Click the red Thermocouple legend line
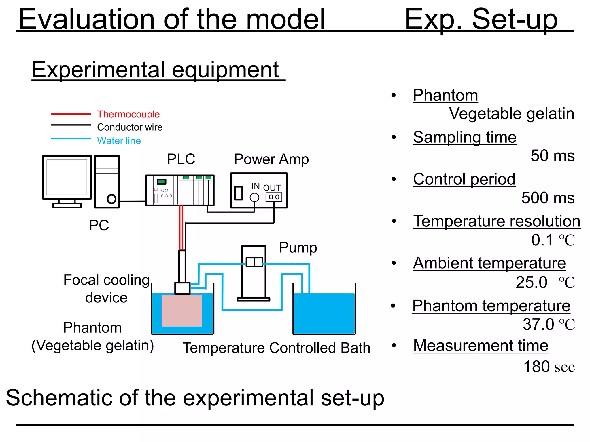71,114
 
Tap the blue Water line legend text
119,141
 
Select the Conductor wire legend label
130,127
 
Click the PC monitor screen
67,177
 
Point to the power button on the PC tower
111,199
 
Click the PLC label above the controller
181,159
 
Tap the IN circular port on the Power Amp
254,197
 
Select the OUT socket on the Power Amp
274,197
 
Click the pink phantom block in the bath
182,310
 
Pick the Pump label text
298,247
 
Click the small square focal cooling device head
182,288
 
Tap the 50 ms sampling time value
552,156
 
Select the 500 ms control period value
548,198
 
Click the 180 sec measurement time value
549,367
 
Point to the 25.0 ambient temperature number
532,282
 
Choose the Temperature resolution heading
497,221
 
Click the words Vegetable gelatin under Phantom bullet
511,113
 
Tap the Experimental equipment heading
156,70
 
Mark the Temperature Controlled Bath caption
276,348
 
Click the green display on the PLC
162,182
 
